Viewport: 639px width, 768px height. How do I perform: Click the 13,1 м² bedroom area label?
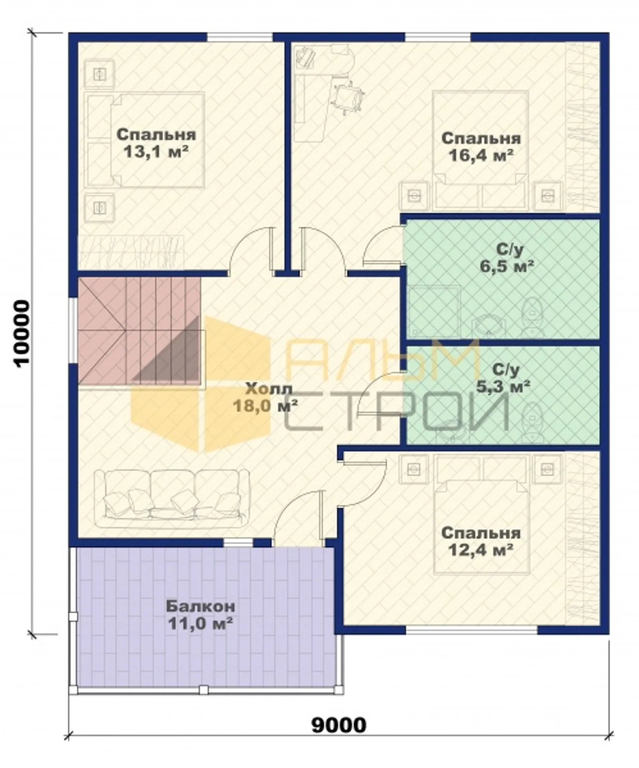156,143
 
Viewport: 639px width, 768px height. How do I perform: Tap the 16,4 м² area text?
481,147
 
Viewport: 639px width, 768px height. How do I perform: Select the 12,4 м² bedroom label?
481,542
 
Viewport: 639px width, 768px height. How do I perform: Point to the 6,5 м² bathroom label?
507,257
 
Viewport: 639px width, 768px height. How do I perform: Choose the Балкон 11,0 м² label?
200,615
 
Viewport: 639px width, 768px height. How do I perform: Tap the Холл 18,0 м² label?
265,397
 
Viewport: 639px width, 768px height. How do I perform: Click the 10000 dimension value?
22,333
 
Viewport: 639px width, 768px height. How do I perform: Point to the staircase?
139,331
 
